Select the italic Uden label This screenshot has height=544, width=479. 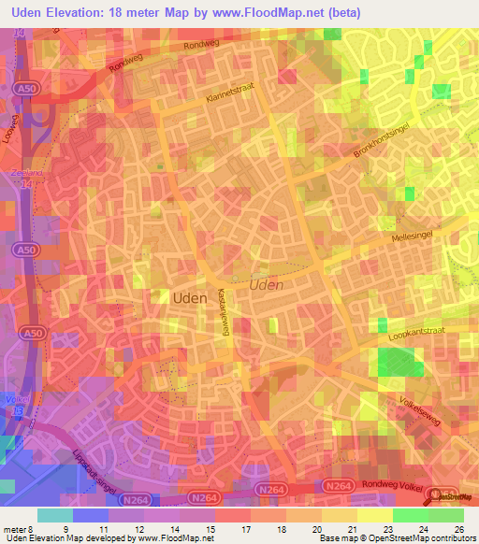[267, 283]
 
